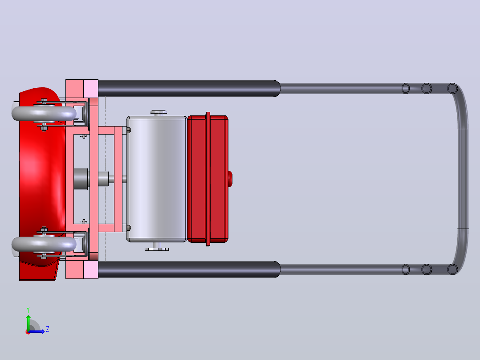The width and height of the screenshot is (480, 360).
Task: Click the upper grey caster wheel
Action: click(x=44, y=113)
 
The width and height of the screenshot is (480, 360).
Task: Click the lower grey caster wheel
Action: click(x=44, y=244)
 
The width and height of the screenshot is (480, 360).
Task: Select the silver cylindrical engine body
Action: click(x=157, y=179)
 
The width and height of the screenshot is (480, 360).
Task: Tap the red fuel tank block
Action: click(x=207, y=179)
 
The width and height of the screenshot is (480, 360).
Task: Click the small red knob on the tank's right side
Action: click(x=230, y=179)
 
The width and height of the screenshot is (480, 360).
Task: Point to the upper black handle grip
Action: click(x=189, y=89)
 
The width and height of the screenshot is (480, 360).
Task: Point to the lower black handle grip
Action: click(x=189, y=269)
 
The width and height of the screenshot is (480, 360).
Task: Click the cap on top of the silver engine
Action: click(x=159, y=113)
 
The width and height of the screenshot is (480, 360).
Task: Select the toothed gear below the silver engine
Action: click(x=157, y=249)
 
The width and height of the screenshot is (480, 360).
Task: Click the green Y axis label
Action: click(x=28, y=310)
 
